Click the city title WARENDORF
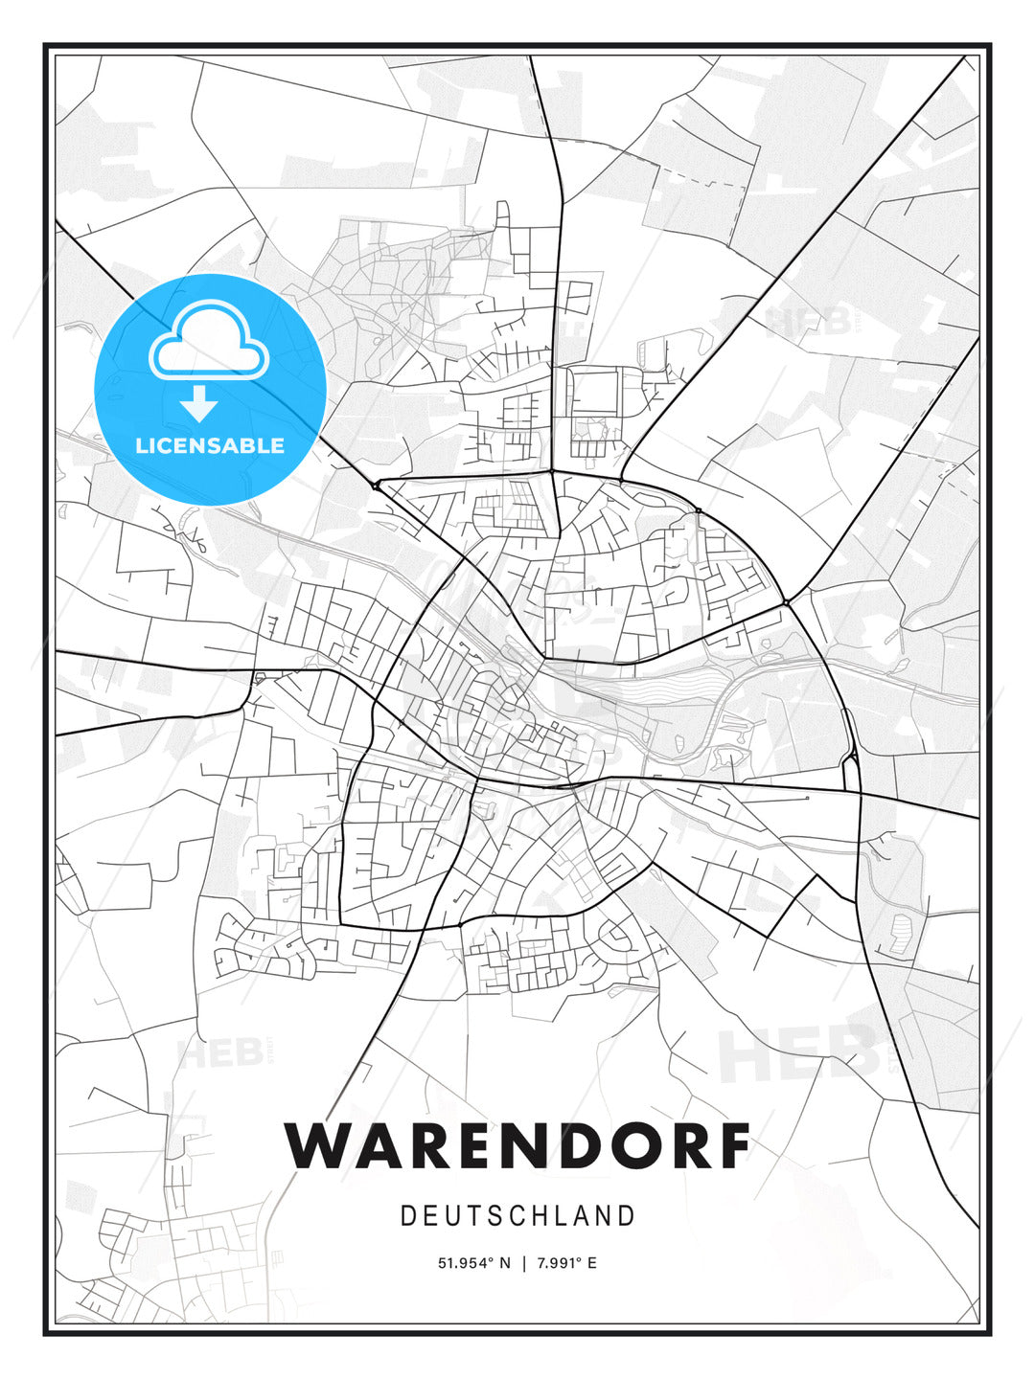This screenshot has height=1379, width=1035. [x=517, y=1145]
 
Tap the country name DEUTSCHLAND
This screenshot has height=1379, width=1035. [x=517, y=1216]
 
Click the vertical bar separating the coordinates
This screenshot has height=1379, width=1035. [x=524, y=1263]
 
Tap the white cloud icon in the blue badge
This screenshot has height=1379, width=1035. [x=210, y=343]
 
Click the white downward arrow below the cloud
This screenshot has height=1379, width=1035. [x=199, y=405]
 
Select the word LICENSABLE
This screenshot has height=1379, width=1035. [x=210, y=445]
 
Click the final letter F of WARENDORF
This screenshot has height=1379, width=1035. [x=733, y=1145]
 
